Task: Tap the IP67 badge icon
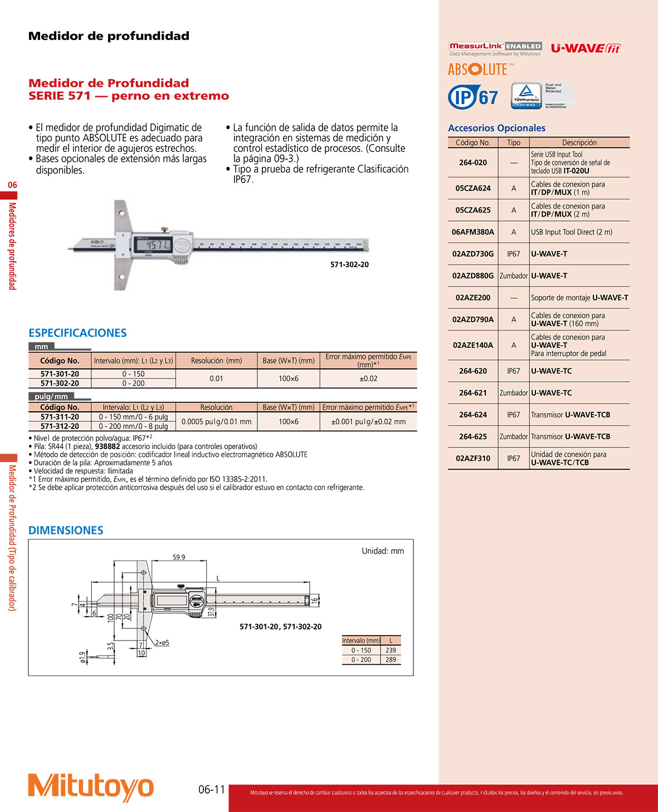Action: pyautogui.click(x=473, y=97)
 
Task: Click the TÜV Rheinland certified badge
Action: pyautogui.click(x=527, y=96)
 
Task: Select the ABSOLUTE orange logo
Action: pyautogui.click(x=479, y=70)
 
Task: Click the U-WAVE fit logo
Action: pyautogui.click(x=585, y=48)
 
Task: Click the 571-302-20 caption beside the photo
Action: pyautogui.click(x=349, y=264)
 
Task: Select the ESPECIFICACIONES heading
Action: pyautogui.click(x=77, y=333)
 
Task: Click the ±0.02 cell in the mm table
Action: pyautogui.click(x=368, y=378)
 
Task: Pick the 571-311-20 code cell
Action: pyautogui.click(x=60, y=417)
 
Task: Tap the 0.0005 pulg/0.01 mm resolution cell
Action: pyautogui.click(x=216, y=421)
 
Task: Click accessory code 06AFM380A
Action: pyautogui.click(x=472, y=232)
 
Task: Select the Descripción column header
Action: pyautogui.click(x=579, y=142)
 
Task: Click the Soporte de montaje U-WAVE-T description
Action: pyautogui.click(x=579, y=298)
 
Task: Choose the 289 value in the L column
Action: pyautogui.click(x=391, y=660)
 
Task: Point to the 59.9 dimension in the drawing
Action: pyautogui.click(x=179, y=557)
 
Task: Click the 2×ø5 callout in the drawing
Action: pyautogui.click(x=162, y=642)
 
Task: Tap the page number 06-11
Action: pyautogui.click(x=212, y=789)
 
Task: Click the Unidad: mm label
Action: pyautogui.click(x=383, y=551)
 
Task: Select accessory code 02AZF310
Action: pyautogui.click(x=473, y=459)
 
